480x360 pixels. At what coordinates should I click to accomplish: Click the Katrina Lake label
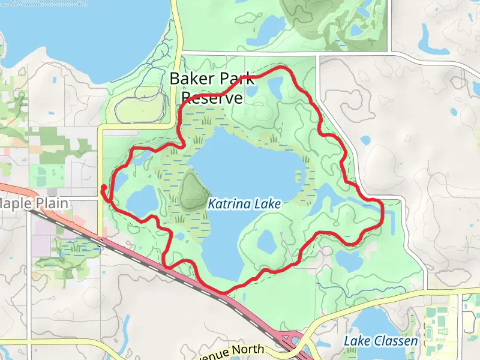coord(244,205)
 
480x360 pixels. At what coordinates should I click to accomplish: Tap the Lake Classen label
coord(380,341)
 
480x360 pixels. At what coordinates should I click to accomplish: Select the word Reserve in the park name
coord(212,98)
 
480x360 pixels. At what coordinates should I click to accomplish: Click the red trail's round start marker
coord(103,188)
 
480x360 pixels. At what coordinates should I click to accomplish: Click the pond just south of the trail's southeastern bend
coord(347,260)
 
